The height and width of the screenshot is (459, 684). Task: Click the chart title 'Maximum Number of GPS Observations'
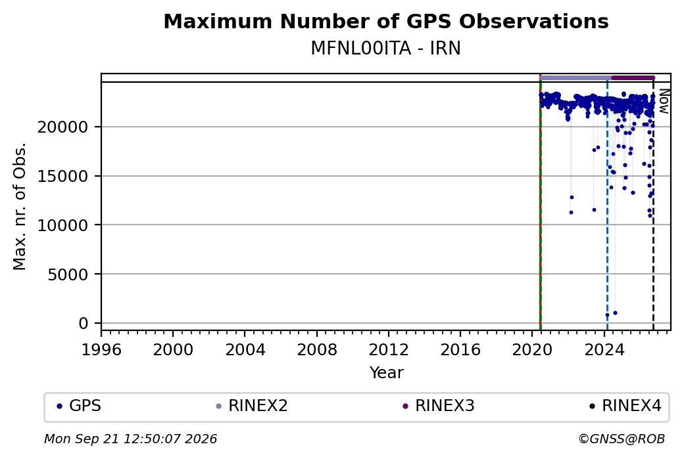pos(386,21)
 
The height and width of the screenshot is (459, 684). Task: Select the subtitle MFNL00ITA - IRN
pos(385,49)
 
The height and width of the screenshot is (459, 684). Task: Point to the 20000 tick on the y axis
pos(63,127)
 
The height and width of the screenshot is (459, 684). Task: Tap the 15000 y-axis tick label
pos(63,177)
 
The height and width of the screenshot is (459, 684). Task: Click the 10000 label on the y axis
pos(63,225)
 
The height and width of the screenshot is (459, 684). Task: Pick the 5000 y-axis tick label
pos(68,274)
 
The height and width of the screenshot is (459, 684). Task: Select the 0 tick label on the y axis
pos(84,324)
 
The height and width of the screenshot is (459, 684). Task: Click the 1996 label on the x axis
pos(101,350)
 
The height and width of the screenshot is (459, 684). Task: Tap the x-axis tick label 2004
pos(245,350)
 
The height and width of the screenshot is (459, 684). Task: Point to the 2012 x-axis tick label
pos(389,350)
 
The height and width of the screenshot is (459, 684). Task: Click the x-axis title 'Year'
pos(387,373)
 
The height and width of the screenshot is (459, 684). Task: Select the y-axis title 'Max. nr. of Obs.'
pos(20,206)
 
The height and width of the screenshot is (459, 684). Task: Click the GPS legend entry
pos(79,406)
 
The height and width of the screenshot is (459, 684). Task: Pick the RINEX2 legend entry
pos(252,406)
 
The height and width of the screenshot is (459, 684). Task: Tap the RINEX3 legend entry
pos(439,406)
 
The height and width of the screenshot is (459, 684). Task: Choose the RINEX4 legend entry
pos(625,406)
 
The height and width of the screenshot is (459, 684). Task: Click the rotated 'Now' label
pos(664,101)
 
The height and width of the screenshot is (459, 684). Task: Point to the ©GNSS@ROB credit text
pos(622,439)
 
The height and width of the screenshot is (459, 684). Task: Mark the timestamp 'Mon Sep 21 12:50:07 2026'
pos(131,439)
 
